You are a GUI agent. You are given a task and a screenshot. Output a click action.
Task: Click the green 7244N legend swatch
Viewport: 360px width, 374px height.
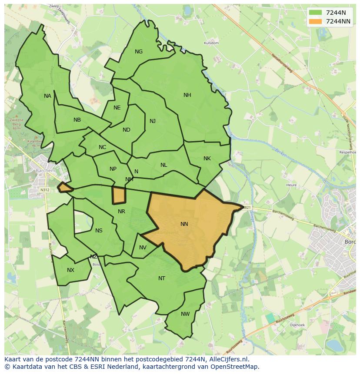[316, 13]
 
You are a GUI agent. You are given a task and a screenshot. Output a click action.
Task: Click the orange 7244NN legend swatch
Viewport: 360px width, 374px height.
[316, 21]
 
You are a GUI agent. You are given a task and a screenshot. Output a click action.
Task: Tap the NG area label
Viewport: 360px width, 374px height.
[139, 52]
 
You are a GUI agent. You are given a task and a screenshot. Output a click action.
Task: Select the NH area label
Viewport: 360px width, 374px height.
[187, 95]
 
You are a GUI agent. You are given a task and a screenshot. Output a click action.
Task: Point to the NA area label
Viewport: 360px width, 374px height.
[47, 96]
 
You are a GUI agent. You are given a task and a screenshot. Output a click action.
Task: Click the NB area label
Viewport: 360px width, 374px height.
[77, 120]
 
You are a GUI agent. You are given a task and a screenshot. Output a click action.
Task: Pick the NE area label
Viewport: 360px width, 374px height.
[117, 108]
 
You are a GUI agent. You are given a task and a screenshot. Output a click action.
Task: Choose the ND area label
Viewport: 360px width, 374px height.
[127, 130]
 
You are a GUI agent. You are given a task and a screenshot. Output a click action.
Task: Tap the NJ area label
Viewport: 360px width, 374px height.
[153, 121]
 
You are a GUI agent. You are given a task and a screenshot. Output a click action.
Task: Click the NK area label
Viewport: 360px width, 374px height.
[207, 159]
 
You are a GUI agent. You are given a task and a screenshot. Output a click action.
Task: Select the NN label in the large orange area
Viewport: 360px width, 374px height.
[184, 224]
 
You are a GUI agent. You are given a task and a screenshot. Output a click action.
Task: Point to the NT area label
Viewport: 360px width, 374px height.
[162, 278]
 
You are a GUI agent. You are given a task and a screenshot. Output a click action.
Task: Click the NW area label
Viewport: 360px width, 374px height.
[185, 314]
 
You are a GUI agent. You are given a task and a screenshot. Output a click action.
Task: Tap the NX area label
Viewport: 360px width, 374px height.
[70, 270]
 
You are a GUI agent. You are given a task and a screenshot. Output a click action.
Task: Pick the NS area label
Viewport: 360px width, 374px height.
[99, 231]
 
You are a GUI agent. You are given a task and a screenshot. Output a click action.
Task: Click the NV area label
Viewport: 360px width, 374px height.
[143, 248]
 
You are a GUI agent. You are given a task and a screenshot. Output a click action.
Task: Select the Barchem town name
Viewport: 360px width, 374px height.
[46, 171]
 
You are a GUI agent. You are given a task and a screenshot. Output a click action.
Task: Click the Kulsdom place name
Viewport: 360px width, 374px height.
[211, 43]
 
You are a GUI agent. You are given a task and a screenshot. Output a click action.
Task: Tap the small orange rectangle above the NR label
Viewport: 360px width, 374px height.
[119, 195]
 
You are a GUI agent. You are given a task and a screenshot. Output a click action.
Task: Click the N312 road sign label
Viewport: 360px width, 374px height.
[45, 190]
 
